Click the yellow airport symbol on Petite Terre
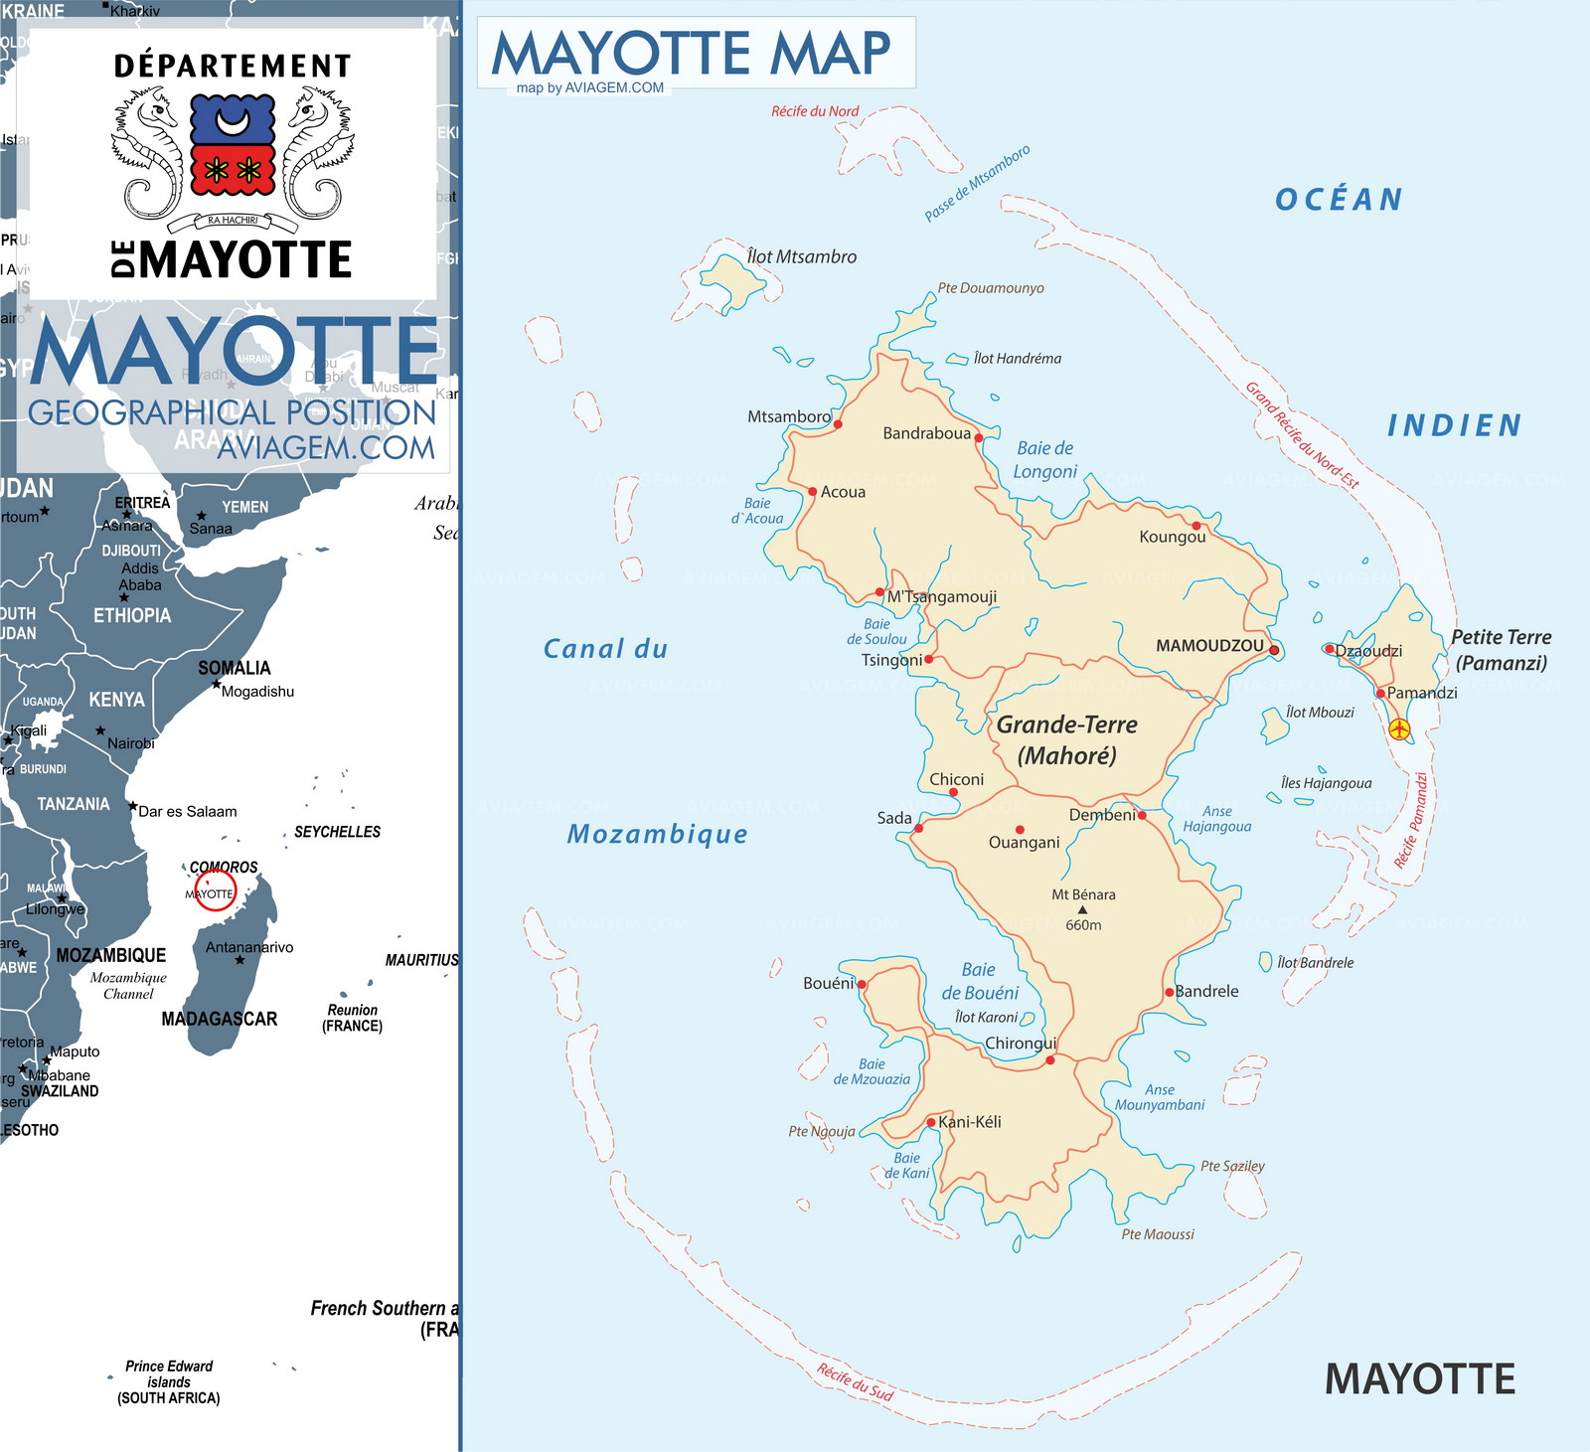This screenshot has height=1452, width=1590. pyautogui.click(x=1399, y=728)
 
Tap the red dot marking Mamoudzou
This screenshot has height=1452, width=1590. pyautogui.click(x=1274, y=650)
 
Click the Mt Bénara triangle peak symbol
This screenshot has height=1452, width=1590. pyautogui.click(x=1082, y=909)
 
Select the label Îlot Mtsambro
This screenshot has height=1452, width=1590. pyautogui.click(x=801, y=256)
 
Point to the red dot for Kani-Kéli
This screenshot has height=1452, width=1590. pyautogui.click(x=931, y=1122)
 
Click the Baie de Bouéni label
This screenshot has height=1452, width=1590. pyautogui.click(x=980, y=981)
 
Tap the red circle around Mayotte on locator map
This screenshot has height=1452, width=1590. pyautogui.click(x=215, y=890)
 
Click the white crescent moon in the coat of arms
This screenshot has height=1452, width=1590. pyautogui.click(x=233, y=122)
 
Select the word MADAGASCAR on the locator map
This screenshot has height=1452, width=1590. pyautogui.click(x=219, y=1019)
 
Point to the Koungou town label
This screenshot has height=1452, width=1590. pyautogui.click(x=1172, y=537)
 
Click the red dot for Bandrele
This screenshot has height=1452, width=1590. pyautogui.click(x=1170, y=992)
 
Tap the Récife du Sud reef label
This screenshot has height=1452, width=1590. pyautogui.click(x=855, y=1381)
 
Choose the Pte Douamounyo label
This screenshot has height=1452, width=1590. pyautogui.click(x=991, y=288)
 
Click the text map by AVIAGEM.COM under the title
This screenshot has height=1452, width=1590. pyautogui.click(x=589, y=87)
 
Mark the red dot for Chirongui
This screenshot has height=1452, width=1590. pyautogui.click(x=1050, y=1060)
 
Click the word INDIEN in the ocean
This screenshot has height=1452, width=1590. pyautogui.click(x=1454, y=425)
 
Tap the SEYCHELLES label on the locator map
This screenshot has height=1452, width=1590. pyautogui.click(x=337, y=832)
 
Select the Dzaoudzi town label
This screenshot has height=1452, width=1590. pyautogui.click(x=1368, y=651)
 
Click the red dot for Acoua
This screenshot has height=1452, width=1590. pyautogui.click(x=812, y=491)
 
